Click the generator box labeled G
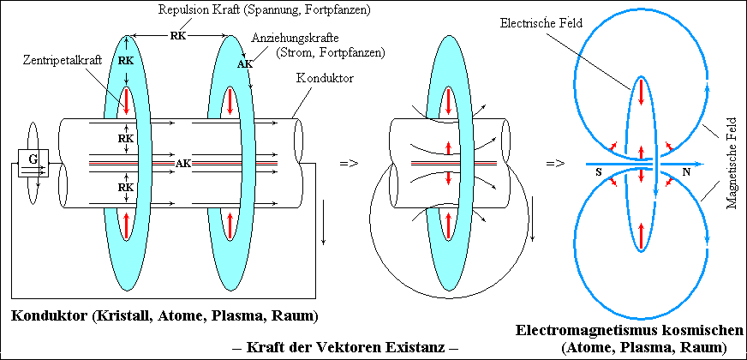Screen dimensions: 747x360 33,163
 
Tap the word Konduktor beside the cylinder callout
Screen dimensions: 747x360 325,79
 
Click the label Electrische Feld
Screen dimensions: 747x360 541,24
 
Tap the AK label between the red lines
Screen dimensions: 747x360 183,163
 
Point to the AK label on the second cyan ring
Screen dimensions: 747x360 245,64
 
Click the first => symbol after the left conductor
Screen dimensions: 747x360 350,163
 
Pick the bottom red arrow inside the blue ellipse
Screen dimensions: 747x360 642,236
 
